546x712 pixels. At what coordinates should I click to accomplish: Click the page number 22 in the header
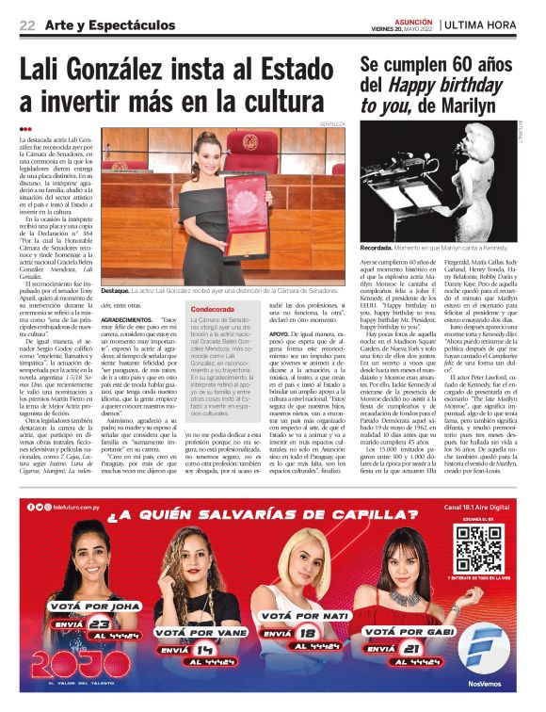point(26,24)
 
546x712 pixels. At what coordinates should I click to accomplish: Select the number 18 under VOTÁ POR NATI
point(304,633)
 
